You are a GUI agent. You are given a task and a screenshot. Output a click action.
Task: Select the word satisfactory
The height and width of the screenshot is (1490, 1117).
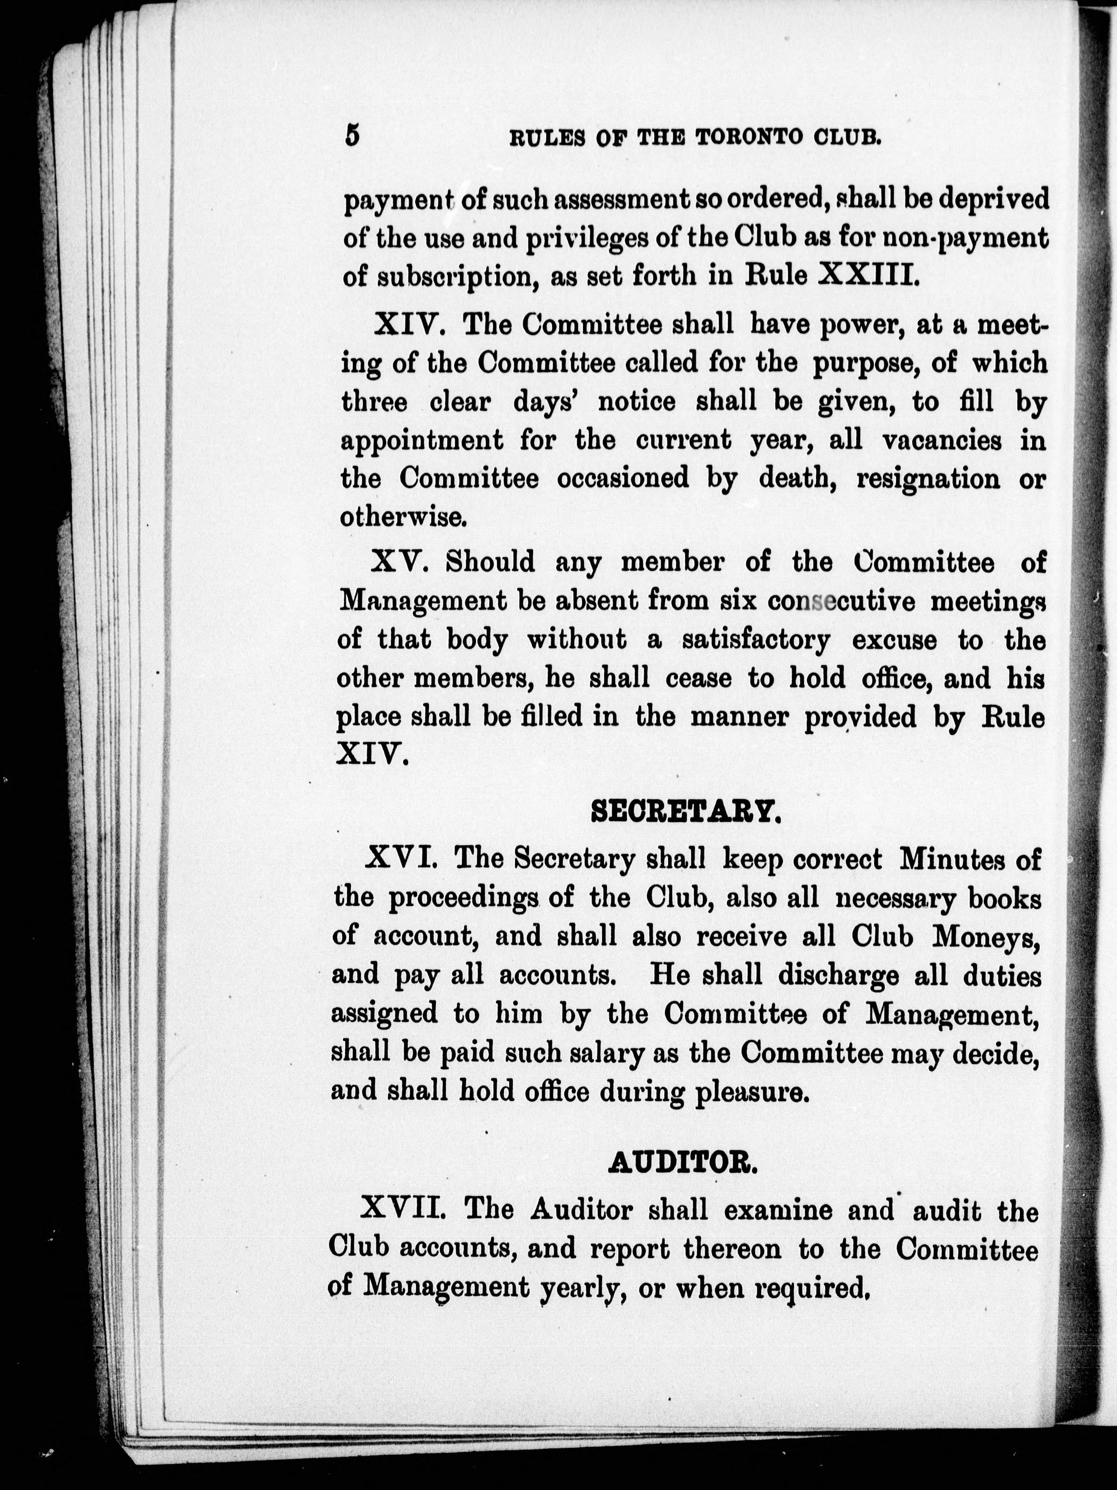point(756,639)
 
